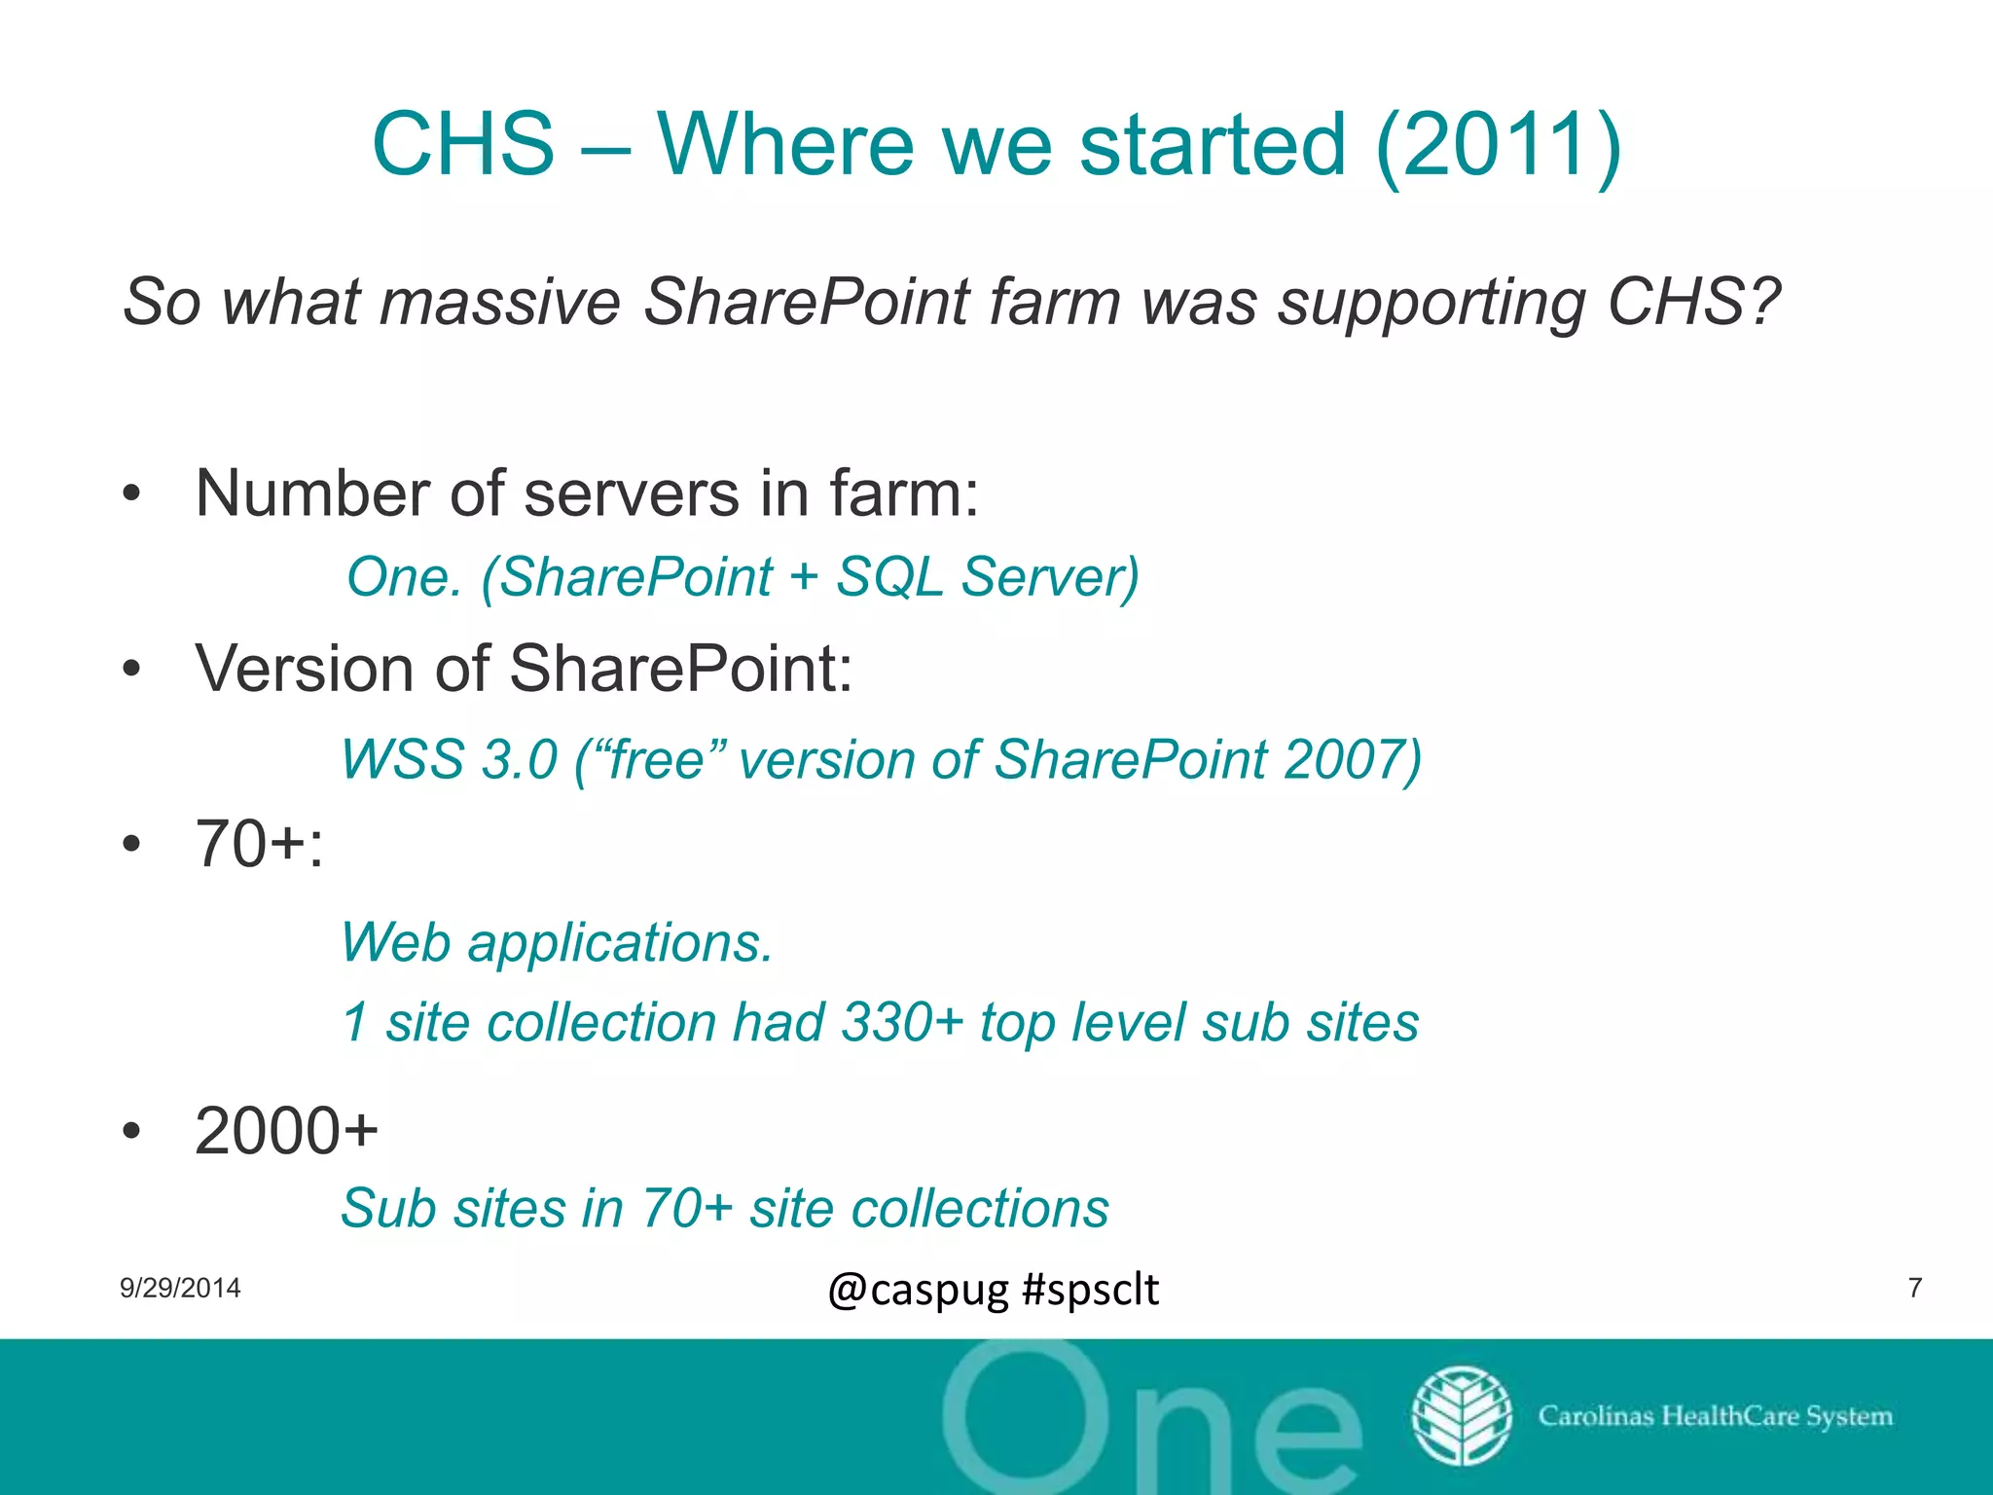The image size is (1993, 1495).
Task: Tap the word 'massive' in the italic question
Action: coord(499,302)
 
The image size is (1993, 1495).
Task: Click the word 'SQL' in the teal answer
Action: coord(889,576)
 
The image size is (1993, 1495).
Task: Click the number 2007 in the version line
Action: coord(1352,759)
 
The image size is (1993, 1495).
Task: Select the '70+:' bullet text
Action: coord(259,843)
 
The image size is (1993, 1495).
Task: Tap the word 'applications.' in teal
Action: coord(620,942)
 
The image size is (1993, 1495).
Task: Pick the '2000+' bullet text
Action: coord(286,1131)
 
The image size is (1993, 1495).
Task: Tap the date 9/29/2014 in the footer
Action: coord(180,1288)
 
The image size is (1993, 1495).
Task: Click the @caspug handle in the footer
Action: coord(918,1290)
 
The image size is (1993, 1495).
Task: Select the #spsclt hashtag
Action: coord(1091,1290)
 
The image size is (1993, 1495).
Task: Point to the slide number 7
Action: coord(1915,1288)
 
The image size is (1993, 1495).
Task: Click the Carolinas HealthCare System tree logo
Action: coord(1462,1415)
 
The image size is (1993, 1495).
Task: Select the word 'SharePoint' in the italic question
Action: coord(807,302)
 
